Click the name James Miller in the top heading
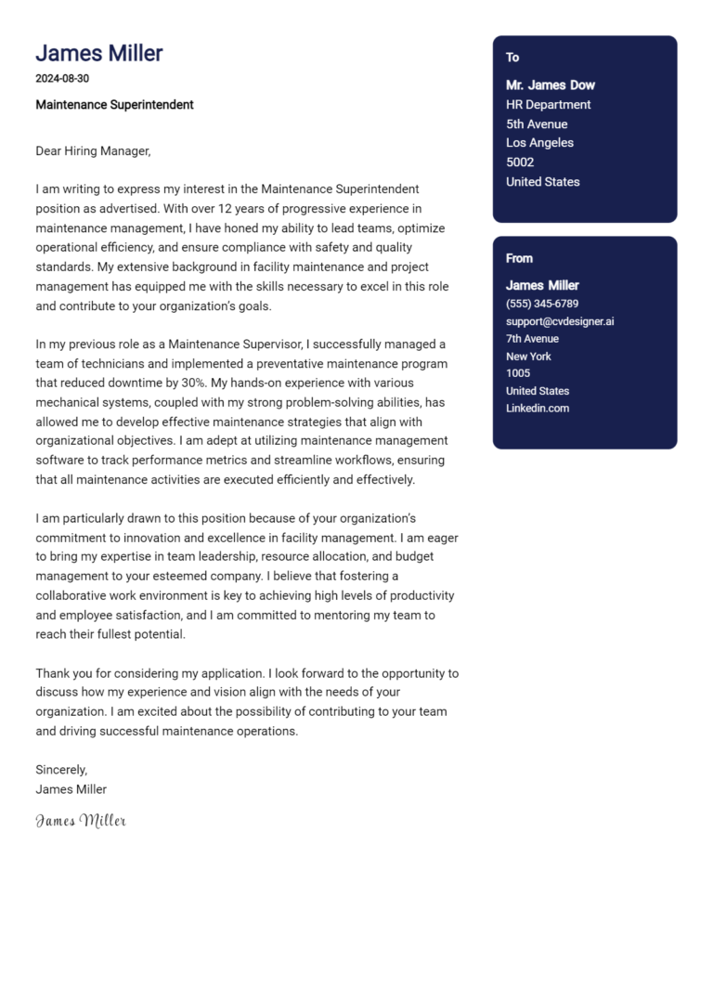coord(98,53)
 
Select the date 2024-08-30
coord(62,79)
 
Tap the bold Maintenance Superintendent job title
coord(114,105)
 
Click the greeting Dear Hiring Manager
coord(93,150)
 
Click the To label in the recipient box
coord(512,58)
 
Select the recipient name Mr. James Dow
coord(551,85)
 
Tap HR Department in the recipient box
coord(548,105)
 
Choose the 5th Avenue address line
coord(537,124)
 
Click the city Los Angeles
coord(539,143)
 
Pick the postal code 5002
coord(520,162)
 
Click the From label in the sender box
coord(519,258)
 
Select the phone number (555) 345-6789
coord(542,304)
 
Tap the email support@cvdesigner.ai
coord(560,321)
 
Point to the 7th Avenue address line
coord(532,339)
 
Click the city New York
coord(528,357)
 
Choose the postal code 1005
coord(518,373)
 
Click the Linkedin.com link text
coord(538,409)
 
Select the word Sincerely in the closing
coord(60,770)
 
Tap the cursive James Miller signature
coord(81,821)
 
